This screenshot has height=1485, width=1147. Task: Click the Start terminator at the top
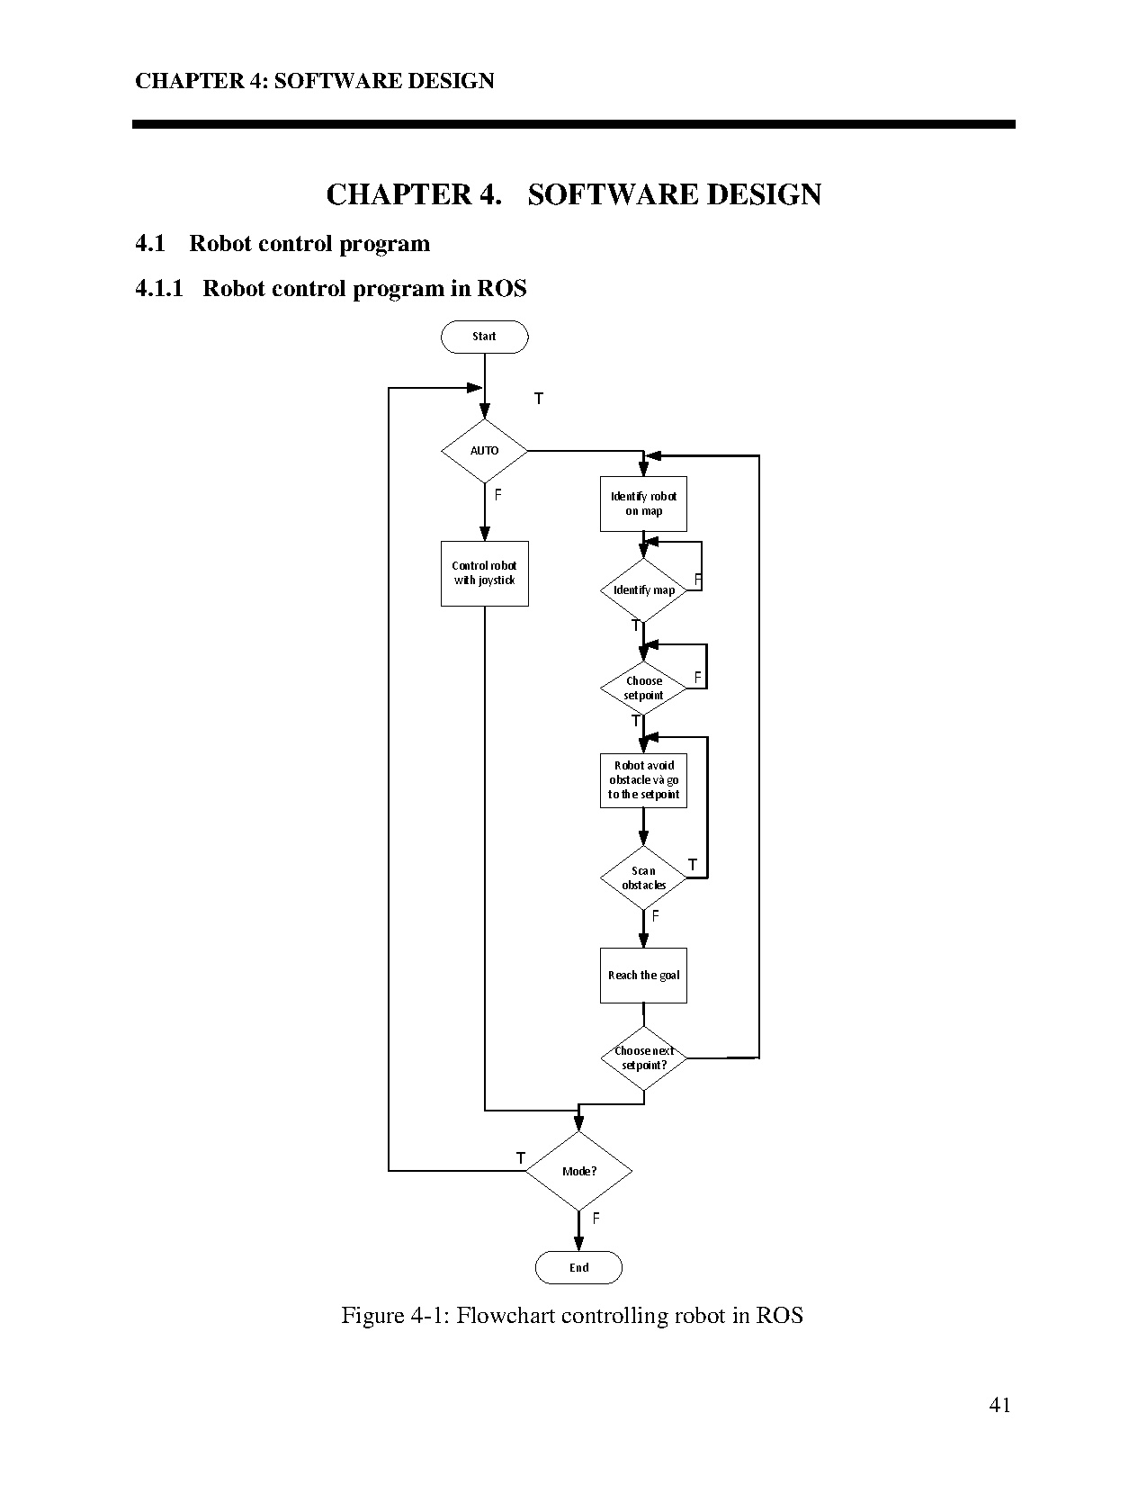[x=484, y=337]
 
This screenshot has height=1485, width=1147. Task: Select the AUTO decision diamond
[x=484, y=450]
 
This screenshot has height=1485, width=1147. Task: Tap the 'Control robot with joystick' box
[x=484, y=573]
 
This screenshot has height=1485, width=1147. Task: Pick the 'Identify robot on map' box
[x=643, y=504]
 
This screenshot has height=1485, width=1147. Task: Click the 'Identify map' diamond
[x=643, y=590]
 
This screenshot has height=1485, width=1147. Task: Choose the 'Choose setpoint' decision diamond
[x=643, y=688]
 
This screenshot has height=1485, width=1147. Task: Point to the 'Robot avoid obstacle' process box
[x=643, y=780]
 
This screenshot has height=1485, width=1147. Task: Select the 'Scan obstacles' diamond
[x=643, y=877]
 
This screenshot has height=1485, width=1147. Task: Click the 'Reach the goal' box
[x=643, y=976]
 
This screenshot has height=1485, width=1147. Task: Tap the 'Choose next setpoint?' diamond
[x=643, y=1058]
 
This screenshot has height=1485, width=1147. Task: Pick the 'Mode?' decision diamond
[x=578, y=1171]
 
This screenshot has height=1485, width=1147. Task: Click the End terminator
[x=578, y=1267]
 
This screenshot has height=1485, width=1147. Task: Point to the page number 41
[x=999, y=1406]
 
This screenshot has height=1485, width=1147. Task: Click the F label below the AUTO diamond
[x=497, y=494]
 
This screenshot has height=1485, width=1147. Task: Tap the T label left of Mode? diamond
[x=520, y=1158]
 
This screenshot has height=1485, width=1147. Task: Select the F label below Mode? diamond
[x=596, y=1219]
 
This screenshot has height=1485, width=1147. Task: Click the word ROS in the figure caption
[x=779, y=1316]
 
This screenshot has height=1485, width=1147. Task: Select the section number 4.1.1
[x=159, y=289]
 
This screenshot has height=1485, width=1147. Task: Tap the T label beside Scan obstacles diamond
[x=693, y=865]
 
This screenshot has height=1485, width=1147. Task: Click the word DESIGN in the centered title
[x=764, y=195]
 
